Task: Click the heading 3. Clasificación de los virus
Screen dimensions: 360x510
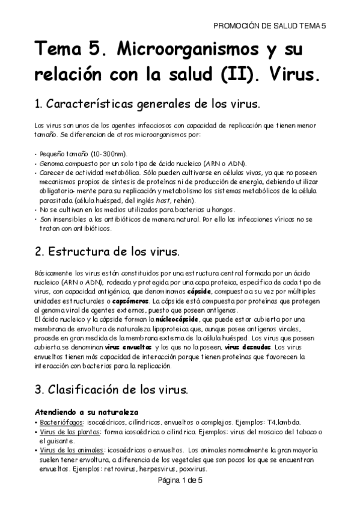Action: pos(111,389)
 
